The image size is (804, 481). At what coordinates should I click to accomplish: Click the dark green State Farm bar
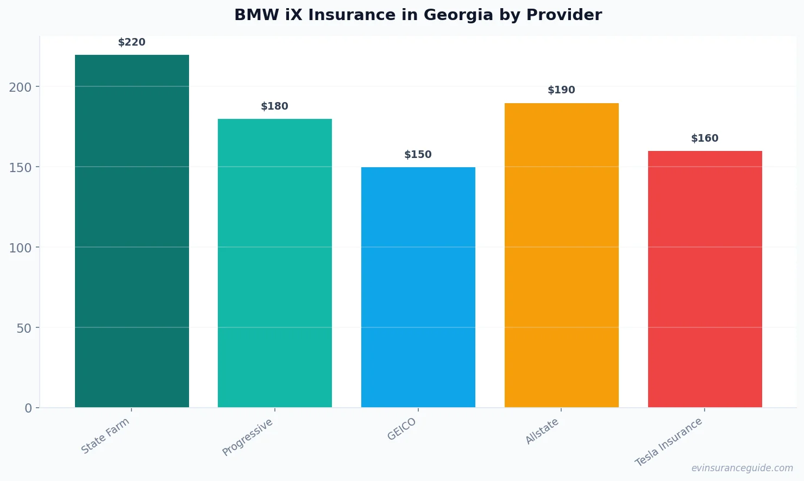(x=132, y=231)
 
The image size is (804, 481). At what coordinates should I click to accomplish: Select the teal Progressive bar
(x=275, y=263)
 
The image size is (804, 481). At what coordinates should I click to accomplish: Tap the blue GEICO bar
(x=418, y=287)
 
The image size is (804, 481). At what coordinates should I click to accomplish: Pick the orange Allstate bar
(x=562, y=255)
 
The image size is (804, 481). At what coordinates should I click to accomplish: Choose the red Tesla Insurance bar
(x=705, y=279)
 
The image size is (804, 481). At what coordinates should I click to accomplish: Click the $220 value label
(x=132, y=42)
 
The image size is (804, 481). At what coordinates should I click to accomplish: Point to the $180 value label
(x=275, y=106)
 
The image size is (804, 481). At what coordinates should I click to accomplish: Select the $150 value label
(x=418, y=155)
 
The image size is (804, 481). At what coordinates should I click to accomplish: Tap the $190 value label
(x=562, y=90)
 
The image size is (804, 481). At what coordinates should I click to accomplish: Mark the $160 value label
(x=705, y=138)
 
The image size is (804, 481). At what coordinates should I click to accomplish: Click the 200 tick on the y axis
(x=20, y=87)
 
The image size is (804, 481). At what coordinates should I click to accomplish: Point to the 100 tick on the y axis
(x=20, y=248)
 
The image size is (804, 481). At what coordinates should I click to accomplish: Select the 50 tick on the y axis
(x=24, y=328)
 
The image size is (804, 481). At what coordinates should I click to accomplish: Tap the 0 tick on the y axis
(x=28, y=408)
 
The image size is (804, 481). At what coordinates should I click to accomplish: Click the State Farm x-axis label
(x=105, y=436)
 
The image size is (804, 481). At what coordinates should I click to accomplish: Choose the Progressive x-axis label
(x=248, y=438)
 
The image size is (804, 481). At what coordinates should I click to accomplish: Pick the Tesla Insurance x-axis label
(x=669, y=442)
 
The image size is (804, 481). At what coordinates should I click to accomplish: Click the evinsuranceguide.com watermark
(x=742, y=468)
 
